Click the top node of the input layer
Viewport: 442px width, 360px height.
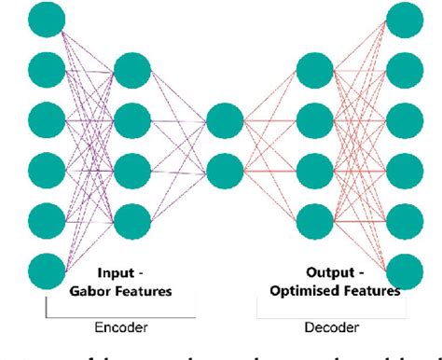click(45, 17)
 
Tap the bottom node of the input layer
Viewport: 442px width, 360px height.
click(45, 271)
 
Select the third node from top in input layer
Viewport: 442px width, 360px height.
click(45, 118)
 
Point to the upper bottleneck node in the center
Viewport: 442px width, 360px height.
click(224, 119)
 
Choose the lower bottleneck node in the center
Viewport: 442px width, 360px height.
click(224, 171)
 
